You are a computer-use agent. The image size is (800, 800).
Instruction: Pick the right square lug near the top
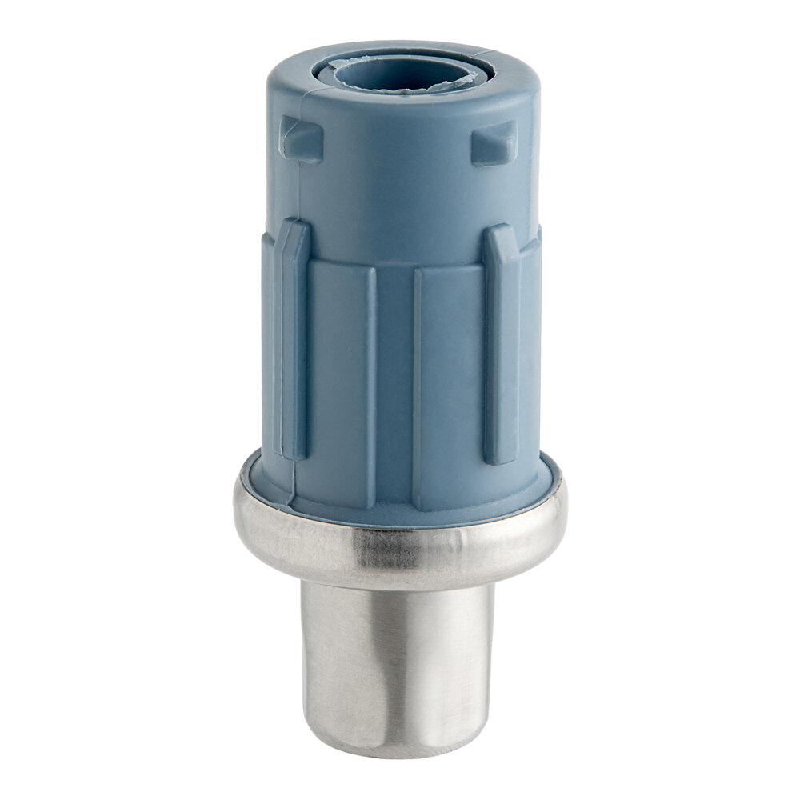tap(493, 142)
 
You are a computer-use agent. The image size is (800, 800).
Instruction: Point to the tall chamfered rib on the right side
tap(502, 344)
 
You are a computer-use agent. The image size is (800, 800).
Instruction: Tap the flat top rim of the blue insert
tap(512, 76)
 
